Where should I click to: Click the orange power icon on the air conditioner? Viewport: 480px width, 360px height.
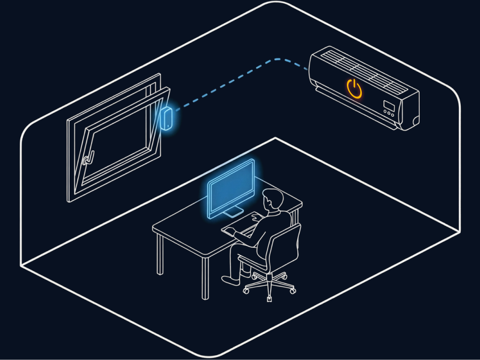pyautogui.click(x=354, y=89)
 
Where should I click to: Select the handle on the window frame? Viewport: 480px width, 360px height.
pyautogui.click(x=86, y=160)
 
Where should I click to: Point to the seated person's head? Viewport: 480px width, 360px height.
pyautogui.click(x=273, y=200)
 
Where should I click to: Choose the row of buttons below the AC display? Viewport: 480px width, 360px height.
pyautogui.click(x=389, y=113)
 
